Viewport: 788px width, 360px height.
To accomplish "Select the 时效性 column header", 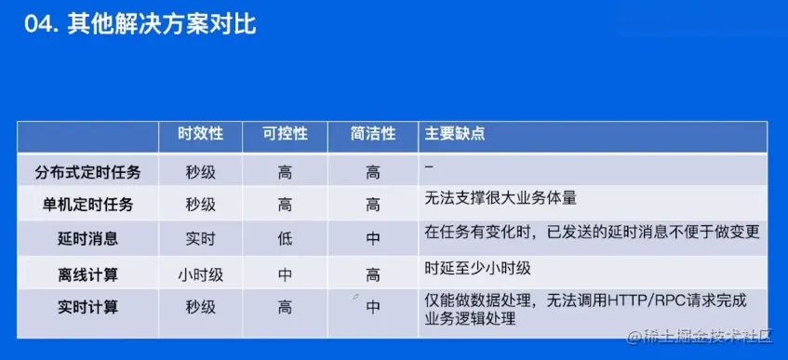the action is tap(201, 134).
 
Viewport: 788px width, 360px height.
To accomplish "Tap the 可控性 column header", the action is tap(285, 134).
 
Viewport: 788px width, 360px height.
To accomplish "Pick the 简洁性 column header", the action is tap(373, 134).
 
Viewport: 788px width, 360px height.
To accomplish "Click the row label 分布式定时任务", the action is tap(88, 173).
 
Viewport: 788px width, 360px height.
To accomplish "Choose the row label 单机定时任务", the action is tap(88, 205).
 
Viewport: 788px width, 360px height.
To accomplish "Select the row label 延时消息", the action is tap(88, 238).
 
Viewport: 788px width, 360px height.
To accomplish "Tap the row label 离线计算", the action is tap(88, 275).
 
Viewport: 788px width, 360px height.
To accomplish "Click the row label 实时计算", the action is tap(88, 307).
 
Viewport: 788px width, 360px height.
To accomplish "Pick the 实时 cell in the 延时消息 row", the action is tap(201, 238).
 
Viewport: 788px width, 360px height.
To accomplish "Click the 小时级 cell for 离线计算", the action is tap(201, 275).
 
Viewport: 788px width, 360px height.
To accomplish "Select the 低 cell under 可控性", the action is tap(285, 238).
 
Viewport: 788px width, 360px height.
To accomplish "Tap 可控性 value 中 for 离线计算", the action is tap(285, 275).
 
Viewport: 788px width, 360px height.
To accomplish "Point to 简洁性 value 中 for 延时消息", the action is tap(373, 238).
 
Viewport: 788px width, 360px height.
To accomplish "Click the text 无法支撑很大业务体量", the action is tap(501, 198).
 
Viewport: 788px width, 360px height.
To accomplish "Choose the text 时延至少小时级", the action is tap(478, 269).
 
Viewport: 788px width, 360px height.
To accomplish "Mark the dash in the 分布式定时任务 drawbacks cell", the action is tap(429, 167).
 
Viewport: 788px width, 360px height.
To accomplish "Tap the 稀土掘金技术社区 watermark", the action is tap(701, 337).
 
